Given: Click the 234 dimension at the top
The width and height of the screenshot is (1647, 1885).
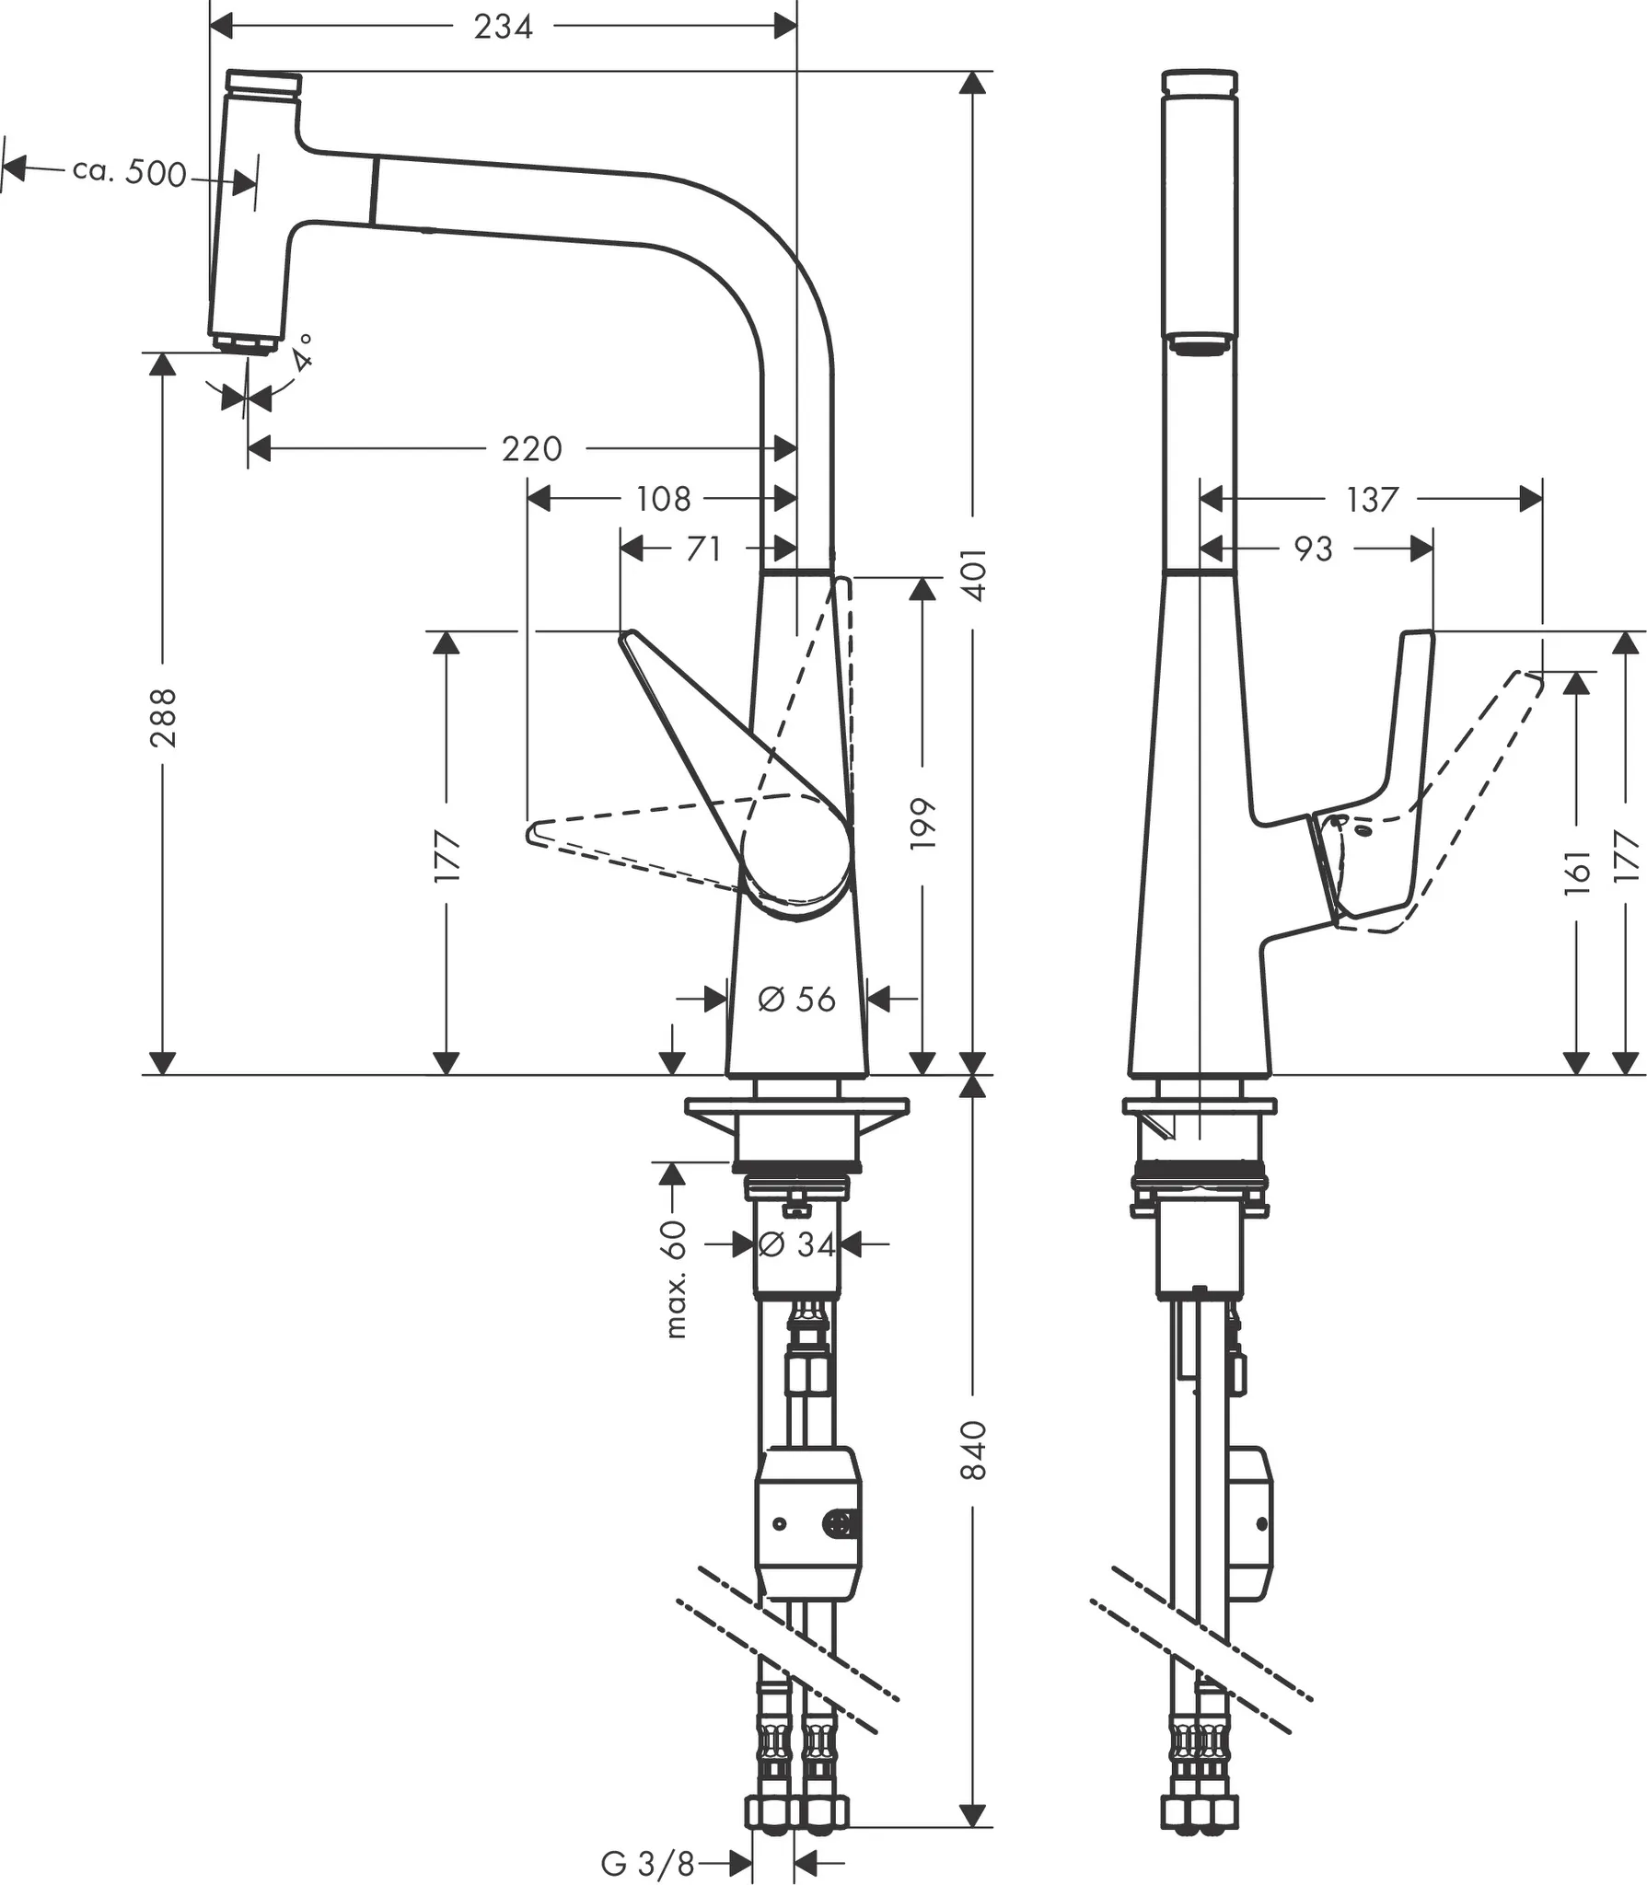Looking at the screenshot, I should coord(503,27).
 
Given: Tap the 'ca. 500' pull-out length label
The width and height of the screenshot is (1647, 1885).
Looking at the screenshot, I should coord(130,172).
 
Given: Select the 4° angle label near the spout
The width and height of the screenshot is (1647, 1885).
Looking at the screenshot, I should coord(302,353).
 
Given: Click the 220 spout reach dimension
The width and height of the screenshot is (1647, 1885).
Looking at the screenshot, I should coord(531,449).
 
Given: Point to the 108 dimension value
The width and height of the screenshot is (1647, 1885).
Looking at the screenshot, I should coord(663,499).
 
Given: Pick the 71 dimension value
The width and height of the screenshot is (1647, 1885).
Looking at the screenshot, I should coord(703,549).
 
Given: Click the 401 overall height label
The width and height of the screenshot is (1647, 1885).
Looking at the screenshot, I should coord(974,575).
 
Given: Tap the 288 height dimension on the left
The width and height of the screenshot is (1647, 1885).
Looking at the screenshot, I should coord(163,718).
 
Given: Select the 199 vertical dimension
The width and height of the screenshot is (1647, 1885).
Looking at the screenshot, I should coord(922,825).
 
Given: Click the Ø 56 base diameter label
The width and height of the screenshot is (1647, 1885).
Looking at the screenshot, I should coord(796,999).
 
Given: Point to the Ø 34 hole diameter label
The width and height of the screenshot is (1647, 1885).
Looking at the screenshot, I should coord(796,1245).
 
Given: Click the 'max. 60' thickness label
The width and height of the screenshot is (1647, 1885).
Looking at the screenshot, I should coord(675,1279).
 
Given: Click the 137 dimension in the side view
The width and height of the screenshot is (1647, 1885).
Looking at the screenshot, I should coord(1372,500).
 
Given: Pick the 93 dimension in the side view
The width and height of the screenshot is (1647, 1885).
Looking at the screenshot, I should coord(1313,549).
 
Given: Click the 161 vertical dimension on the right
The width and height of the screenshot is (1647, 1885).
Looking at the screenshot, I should coord(1577,867).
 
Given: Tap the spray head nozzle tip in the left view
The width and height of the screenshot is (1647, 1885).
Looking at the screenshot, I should coord(246,344).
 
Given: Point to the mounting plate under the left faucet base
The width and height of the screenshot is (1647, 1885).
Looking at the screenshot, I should coord(796,1107).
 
